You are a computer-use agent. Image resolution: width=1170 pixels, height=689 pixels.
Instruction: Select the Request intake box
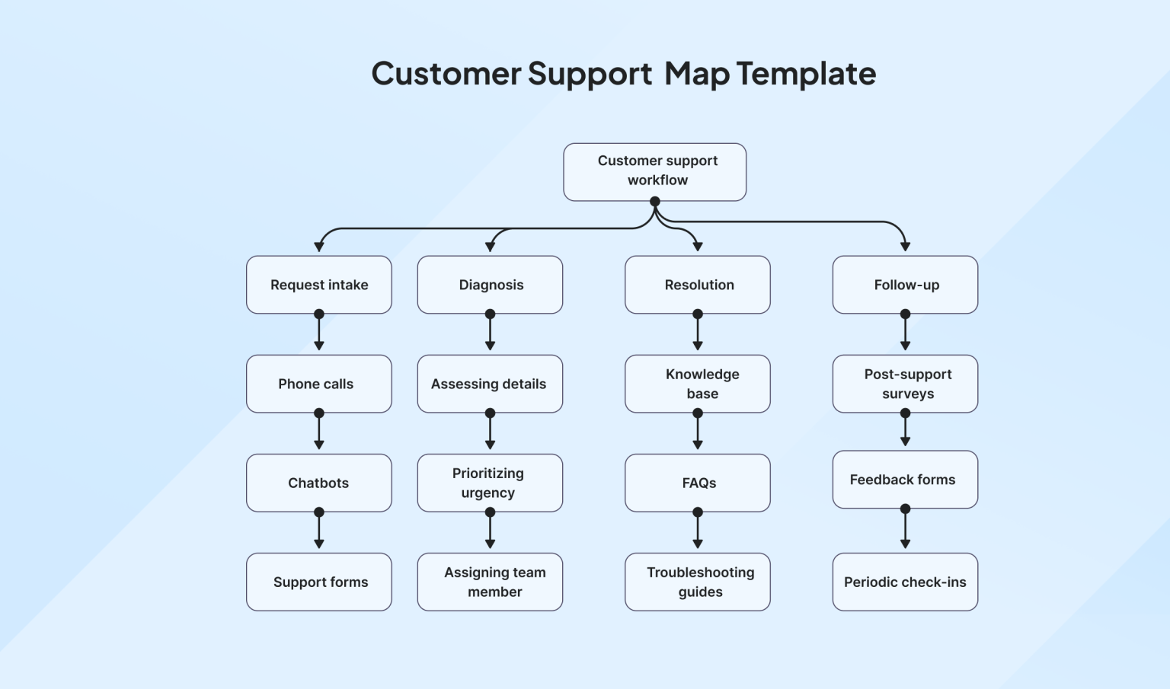pyautogui.click(x=318, y=285)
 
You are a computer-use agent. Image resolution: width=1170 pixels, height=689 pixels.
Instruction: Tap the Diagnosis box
pyautogui.click(x=490, y=285)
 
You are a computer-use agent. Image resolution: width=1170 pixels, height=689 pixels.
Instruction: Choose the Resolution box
pyautogui.click(x=697, y=285)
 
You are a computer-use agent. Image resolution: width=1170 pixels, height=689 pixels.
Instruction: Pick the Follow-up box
pyautogui.click(x=905, y=285)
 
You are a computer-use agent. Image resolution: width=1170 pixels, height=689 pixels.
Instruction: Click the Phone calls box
pyautogui.click(x=318, y=384)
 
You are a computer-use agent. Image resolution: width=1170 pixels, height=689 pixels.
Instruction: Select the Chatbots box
pyautogui.click(x=318, y=483)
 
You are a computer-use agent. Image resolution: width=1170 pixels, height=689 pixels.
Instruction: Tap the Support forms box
pyautogui.click(x=318, y=582)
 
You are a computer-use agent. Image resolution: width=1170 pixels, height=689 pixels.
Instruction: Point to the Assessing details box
pyautogui.click(x=490, y=384)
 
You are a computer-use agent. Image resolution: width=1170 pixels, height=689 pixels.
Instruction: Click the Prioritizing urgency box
pyautogui.click(x=490, y=483)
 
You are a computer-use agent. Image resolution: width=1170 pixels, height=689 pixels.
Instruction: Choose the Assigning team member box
pyautogui.click(x=490, y=582)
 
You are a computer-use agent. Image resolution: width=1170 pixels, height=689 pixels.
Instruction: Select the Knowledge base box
pyautogui.click(x=697, y=384)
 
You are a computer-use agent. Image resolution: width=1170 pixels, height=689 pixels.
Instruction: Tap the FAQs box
pyautogui.click(x=697, y=483)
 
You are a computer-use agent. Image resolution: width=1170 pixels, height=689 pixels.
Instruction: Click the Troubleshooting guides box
pyautogui.click(x=697, y=582)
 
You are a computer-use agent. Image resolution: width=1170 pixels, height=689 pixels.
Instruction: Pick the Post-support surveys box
pyautogui.click(x=905, y=384)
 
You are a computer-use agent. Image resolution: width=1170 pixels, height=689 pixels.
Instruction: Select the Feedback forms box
pyautogui.click(x=905, y=480)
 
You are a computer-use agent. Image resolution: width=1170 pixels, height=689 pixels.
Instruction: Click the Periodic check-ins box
pyautogui.click(x=905, y=582)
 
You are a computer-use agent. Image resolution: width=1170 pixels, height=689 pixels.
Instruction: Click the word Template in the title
pyautogui.click(x=806, y=74)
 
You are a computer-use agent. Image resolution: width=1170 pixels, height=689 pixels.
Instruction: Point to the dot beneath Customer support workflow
pyautogui.click(x=654, y=202)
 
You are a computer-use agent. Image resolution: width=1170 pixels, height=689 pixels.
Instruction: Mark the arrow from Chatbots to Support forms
pyautogui.click(x=319, y=531)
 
